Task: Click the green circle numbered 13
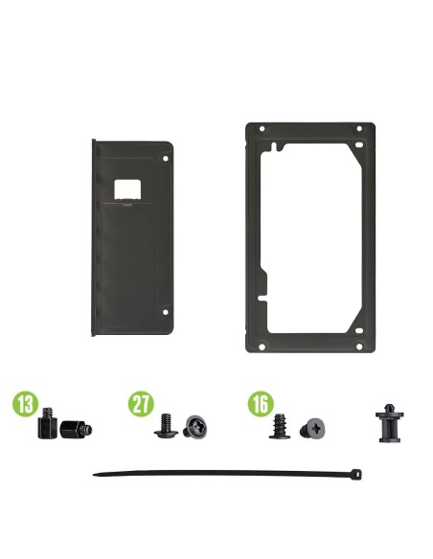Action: [25, 404]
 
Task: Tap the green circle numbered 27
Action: [141, 404]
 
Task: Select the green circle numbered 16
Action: [261, 404]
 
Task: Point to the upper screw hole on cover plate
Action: [165, 158]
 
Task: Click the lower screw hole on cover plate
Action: [165, 312]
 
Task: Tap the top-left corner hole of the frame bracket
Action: [262, 128]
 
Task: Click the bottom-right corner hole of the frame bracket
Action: [359, 347]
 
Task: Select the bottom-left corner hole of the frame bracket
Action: [262, 347]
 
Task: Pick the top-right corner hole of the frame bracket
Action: [359, 128]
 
